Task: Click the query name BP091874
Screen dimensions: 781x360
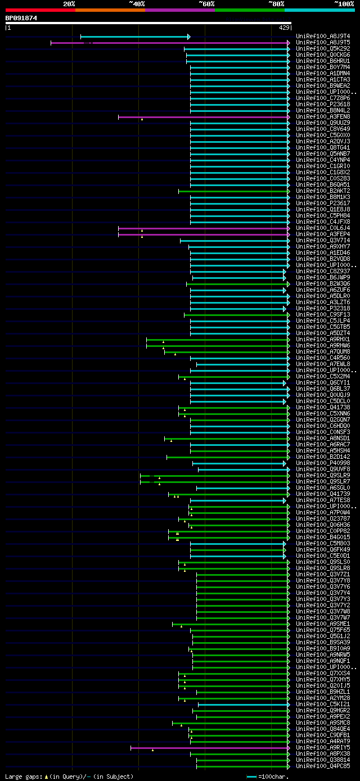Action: click(21, 18)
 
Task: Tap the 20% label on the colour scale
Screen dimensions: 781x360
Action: click(69, 3)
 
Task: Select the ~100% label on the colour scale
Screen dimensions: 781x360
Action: click(344, 3)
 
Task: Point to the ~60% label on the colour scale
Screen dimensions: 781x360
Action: click(206, 3)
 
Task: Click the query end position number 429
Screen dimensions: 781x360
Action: click(284, 27)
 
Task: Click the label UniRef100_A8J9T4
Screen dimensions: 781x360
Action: click(322, 37)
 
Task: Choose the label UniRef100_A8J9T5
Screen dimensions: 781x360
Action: click(322, 43)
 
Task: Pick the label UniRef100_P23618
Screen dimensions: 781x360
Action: click(322, 105)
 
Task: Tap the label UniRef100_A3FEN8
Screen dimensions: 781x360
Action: click(322, 117)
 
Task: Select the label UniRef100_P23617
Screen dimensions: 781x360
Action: click(322, 204)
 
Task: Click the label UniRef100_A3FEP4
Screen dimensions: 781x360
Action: click(322, 234)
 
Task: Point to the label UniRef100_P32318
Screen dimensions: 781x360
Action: click(322, 309)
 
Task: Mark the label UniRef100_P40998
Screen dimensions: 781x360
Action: click(322, 463)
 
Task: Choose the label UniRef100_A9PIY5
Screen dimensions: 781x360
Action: click(322, 748)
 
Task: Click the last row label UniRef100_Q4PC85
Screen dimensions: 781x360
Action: click(322, 766)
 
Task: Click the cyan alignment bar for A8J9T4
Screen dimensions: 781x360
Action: click(135, 37)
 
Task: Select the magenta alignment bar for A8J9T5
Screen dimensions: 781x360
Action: click(169, 43)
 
